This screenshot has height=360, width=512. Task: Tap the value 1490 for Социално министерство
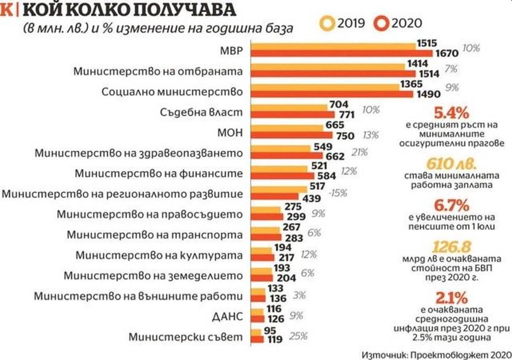pyautogui.click(x=428, y=94)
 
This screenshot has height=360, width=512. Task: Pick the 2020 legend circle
pyautogui.click(x=381, y=23)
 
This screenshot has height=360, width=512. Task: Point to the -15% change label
pyautogui.click(x=338, y=193)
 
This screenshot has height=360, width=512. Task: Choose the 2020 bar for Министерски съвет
pyautogui.click(x=256, y=340)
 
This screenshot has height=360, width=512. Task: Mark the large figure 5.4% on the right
pyautogui.click(x=451, y=113)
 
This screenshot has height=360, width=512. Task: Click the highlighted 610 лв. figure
pyautogui.click(x=451, y=164)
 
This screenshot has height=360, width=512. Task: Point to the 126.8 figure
pyautogui.click(x=451, y=247)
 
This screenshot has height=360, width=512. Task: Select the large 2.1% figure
pyautogui.click(x=451, y=297)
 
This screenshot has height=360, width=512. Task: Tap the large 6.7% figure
pyautogui.click(x=451, y=206)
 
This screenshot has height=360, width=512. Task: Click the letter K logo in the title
pyautogui.click(x=6, y=9)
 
